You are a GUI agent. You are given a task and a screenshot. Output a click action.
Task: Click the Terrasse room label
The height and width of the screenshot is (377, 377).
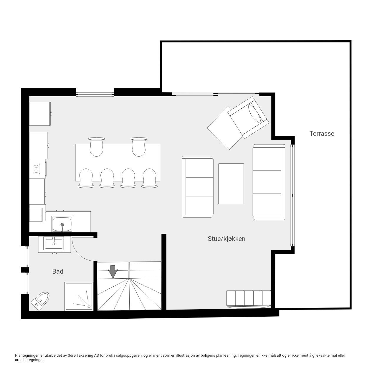tap(322, 133)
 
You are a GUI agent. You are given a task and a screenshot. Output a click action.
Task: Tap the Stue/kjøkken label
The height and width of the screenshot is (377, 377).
tap(226, 239)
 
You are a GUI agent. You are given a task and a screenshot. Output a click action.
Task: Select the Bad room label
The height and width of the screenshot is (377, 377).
tap(58, 271)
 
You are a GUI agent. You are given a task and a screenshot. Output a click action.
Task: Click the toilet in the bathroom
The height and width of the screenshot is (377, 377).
tap(41, 300)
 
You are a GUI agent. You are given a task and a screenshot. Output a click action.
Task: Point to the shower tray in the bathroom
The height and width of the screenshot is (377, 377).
tap(79, 296)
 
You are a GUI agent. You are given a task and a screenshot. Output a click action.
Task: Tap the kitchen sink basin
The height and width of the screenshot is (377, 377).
tap(62, 224)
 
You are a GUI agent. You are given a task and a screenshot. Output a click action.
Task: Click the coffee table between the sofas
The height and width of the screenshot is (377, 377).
tap(231, 183)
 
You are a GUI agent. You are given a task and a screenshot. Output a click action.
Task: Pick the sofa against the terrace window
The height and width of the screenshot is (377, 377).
tap(269, 182)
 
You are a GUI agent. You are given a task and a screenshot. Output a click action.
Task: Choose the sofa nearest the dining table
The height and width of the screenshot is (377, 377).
tap(198, 187)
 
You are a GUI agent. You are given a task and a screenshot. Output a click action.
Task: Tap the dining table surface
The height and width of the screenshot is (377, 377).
tap(118, 162)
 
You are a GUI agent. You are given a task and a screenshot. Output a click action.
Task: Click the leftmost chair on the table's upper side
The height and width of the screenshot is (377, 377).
tap(96, 146)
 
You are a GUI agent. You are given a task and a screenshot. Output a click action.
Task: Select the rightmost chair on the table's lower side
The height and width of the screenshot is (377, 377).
tap(149, 178)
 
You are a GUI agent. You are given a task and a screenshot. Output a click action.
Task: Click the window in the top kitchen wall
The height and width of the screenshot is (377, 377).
tap(95, 94)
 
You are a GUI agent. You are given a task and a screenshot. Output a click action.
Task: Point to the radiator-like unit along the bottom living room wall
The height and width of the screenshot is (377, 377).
tap(249, 299)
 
